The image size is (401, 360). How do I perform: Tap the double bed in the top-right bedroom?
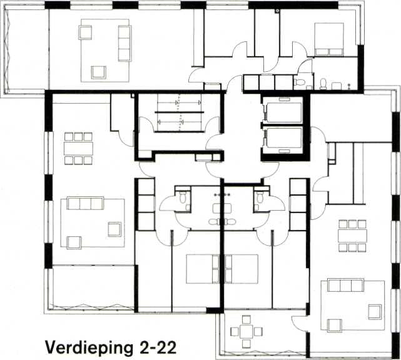pyautogui.click(x=329, y=39)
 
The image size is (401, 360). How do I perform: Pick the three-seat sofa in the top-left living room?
pyautogui.click(x=124, y=43)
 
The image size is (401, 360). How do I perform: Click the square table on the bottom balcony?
pyautogui.click(x=246, y=331)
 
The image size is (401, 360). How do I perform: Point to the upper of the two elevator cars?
pyautogui.click(x=285, y=112)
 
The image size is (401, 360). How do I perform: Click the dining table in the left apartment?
pyautogui.click(x=79, y=148)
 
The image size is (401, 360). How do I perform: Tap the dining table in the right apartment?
pyautogui.click(x=352, y=236)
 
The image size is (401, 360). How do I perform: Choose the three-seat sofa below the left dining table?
pyautogui.click(x=86, y=203)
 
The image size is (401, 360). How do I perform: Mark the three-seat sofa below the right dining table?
pyautogui.click(x=346, y=286)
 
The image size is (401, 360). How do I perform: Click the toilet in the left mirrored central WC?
pyautogui.click(x=183, y=197)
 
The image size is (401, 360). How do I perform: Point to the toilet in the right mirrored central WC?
pyautogui.click(x=260, y=197)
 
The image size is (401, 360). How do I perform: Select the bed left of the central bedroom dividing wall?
pyautogui.click(x=203, y=269)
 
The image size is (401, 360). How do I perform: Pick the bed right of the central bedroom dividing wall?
pyautogui.click(x=241, y=269)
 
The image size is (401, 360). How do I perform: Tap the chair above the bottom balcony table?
pyautogui.click(x=246, y=320)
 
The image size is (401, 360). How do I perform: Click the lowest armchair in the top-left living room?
pyautogui.click(x=99, y=72)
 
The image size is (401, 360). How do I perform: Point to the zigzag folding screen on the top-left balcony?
pyautogui.click(x=8, y=50)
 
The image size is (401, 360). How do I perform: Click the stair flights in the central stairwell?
pyautogui.click(x=180, y=112)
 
